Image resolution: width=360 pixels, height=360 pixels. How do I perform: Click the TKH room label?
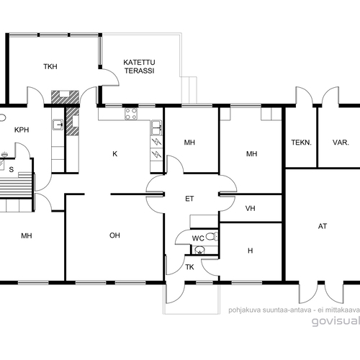pyautogui.click(x=50, y=66)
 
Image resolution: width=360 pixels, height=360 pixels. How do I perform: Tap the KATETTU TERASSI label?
pyautogui.click(x=139, y=66)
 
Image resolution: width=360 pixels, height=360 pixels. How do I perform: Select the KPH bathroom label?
pyautogui.click(x=22, y=130)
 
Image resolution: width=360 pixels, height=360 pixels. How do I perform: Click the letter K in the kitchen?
pyautogui.click(x=115, y=153)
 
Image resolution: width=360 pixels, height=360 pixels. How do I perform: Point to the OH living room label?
pyautogui.click(x=114, y=235)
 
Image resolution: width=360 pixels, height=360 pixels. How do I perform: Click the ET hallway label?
pyautogui.click(x=189, y=199)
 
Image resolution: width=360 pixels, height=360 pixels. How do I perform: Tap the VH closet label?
pyautogui.click(x=250, y=208)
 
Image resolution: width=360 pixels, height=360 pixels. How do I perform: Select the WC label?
pyautogui.click(x=198, y=238)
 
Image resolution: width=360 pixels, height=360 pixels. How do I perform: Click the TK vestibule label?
pyautogui.click(x=189, y=267)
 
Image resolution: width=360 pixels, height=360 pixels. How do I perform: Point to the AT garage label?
pyautogui.click(x=323, y=226)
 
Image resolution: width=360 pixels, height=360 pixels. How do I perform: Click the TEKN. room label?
pyautogui.click(x=301, y=143)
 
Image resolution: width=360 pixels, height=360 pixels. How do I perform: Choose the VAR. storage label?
pyautogui.click(x=341, y=143)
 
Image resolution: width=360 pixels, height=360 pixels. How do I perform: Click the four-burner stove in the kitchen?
pyautogui.click(x=131, y=114)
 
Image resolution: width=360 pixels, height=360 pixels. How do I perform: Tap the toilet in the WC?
pyautogui.click(x=212, y=236)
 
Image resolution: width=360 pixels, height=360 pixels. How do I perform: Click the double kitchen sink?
pyautogui.click(x=156, y=127)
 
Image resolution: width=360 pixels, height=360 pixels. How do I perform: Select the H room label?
pyautogui.click(x=250, y=251)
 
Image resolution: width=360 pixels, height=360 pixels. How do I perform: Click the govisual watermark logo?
pyautogui.click(x=336, y=321)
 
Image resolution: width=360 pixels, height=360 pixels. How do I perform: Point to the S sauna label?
pyautogui.click(x=12, y=170)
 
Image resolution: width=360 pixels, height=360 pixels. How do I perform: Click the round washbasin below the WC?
pyautogui.click(x=199, y=250)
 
